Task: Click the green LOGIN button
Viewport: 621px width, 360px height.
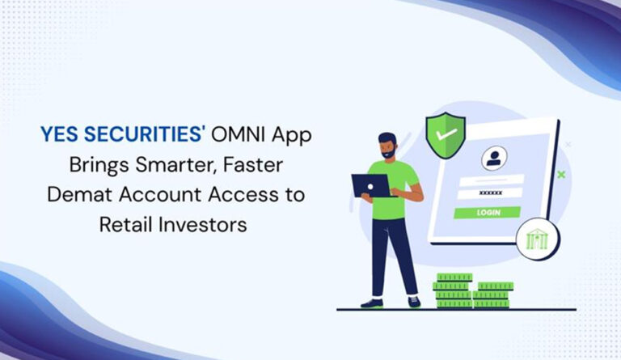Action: click(x=487, y=212)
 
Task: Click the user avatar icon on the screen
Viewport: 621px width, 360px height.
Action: click(x=492, y=157)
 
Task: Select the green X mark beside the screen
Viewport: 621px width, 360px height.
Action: click(x=561, y=174)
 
